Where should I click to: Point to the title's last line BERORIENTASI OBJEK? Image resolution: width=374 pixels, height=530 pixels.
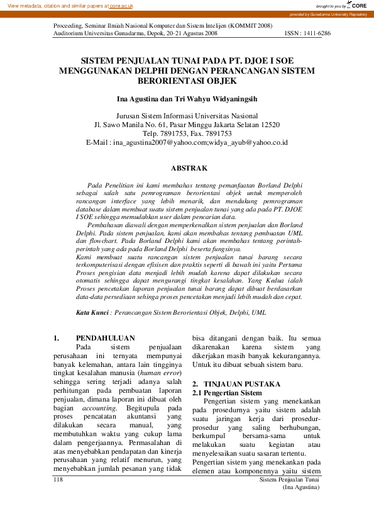pos(186,81)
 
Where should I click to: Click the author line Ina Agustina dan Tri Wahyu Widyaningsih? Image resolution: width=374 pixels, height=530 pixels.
pos(187,99)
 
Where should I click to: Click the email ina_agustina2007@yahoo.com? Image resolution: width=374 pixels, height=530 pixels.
pos(160,143)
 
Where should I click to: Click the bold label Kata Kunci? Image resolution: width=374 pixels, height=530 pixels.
pos(92,312)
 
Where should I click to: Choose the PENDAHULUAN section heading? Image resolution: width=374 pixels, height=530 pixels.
pos(105,338)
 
